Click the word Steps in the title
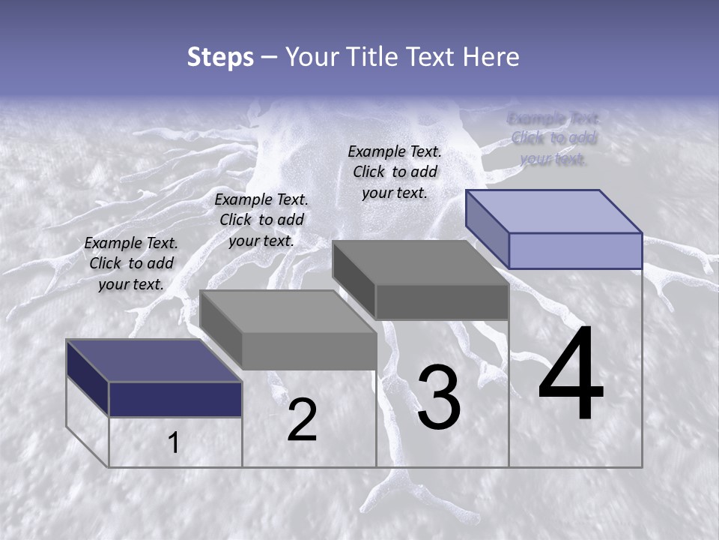point(220,57)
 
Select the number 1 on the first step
point(174,443)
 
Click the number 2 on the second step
point(302,421)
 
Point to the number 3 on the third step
point(438,398)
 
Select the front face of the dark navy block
point(175,399)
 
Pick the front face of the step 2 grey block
point(309,351)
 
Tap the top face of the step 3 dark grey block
point(420,262)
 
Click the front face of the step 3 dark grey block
point(442,301)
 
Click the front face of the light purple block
point(575,250)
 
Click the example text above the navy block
point(131,263)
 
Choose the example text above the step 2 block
point(261,220)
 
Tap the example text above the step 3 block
point(395,172)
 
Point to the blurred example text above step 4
point(553,138)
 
